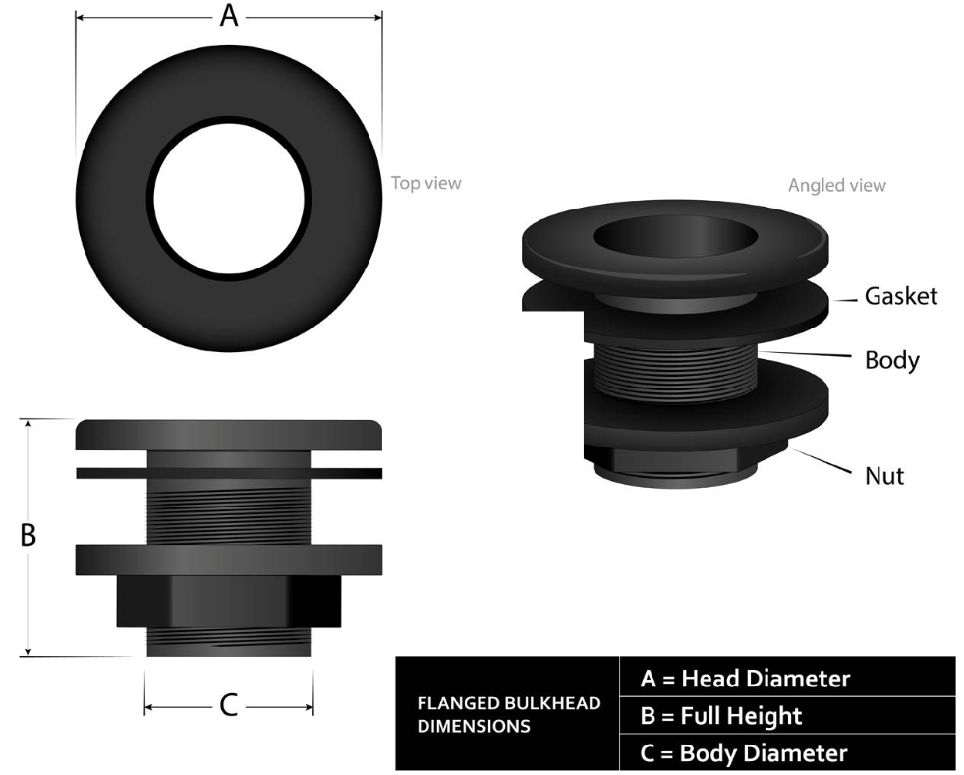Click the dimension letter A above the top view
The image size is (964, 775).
(x=228, y=16)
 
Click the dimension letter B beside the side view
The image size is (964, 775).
(x=29, y=536)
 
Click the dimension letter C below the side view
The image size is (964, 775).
(x=228, y=705)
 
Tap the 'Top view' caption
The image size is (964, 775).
(x=425, y=183)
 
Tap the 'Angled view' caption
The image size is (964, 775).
(x=836, y=185)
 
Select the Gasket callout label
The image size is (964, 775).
(x=900, y=296)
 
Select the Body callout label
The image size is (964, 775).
(x=891, y=360)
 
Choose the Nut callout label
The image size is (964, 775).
(x=884, y=476)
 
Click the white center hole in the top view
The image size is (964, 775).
(x=228, y=193)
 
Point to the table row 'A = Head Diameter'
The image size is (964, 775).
(x=745, y=679)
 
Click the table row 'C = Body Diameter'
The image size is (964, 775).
(x=743, y=753)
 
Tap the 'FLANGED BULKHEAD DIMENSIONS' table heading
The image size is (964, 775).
(x=508, y=716)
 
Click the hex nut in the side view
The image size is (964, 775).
(x=228, y=602)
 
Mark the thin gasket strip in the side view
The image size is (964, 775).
(x=228, y=473)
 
